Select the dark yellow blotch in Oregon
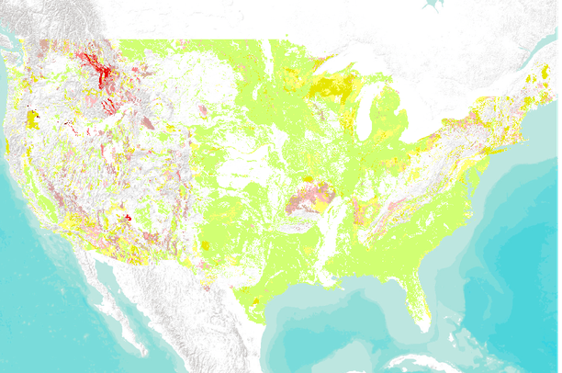coord(31,119)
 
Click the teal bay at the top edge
coord(432,5)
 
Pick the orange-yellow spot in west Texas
coord(205,245)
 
